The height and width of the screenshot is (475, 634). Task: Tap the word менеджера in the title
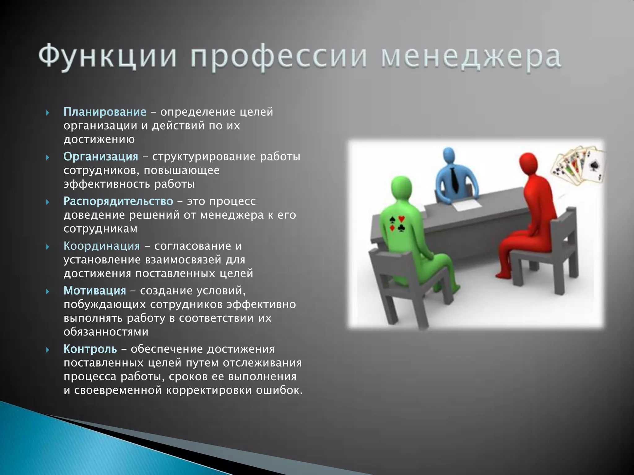(471, 57)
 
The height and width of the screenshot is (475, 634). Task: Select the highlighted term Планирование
(105, 112)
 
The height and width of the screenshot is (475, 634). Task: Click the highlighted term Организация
(101, 156)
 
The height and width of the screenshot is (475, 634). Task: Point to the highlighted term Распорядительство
(118, 201)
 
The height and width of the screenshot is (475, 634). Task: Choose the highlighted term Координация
(102, 246)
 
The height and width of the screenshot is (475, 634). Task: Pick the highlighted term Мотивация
(95, 291)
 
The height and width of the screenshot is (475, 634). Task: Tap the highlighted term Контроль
(90, 349)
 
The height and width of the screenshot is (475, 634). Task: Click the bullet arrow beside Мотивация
(48, 291)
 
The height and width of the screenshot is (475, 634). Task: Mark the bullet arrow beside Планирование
(48, 113)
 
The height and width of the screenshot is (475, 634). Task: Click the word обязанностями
(106, 332)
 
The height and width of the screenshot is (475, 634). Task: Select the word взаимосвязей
(183, 260)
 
